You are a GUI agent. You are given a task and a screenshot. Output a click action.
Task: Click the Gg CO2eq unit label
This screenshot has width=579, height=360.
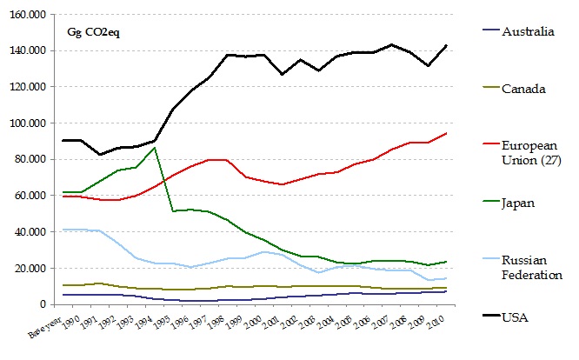point(94,32)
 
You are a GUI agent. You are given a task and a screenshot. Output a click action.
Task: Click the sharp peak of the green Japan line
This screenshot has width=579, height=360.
point(154,147)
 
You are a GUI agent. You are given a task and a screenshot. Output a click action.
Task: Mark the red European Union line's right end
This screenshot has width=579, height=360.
point(446,133)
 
